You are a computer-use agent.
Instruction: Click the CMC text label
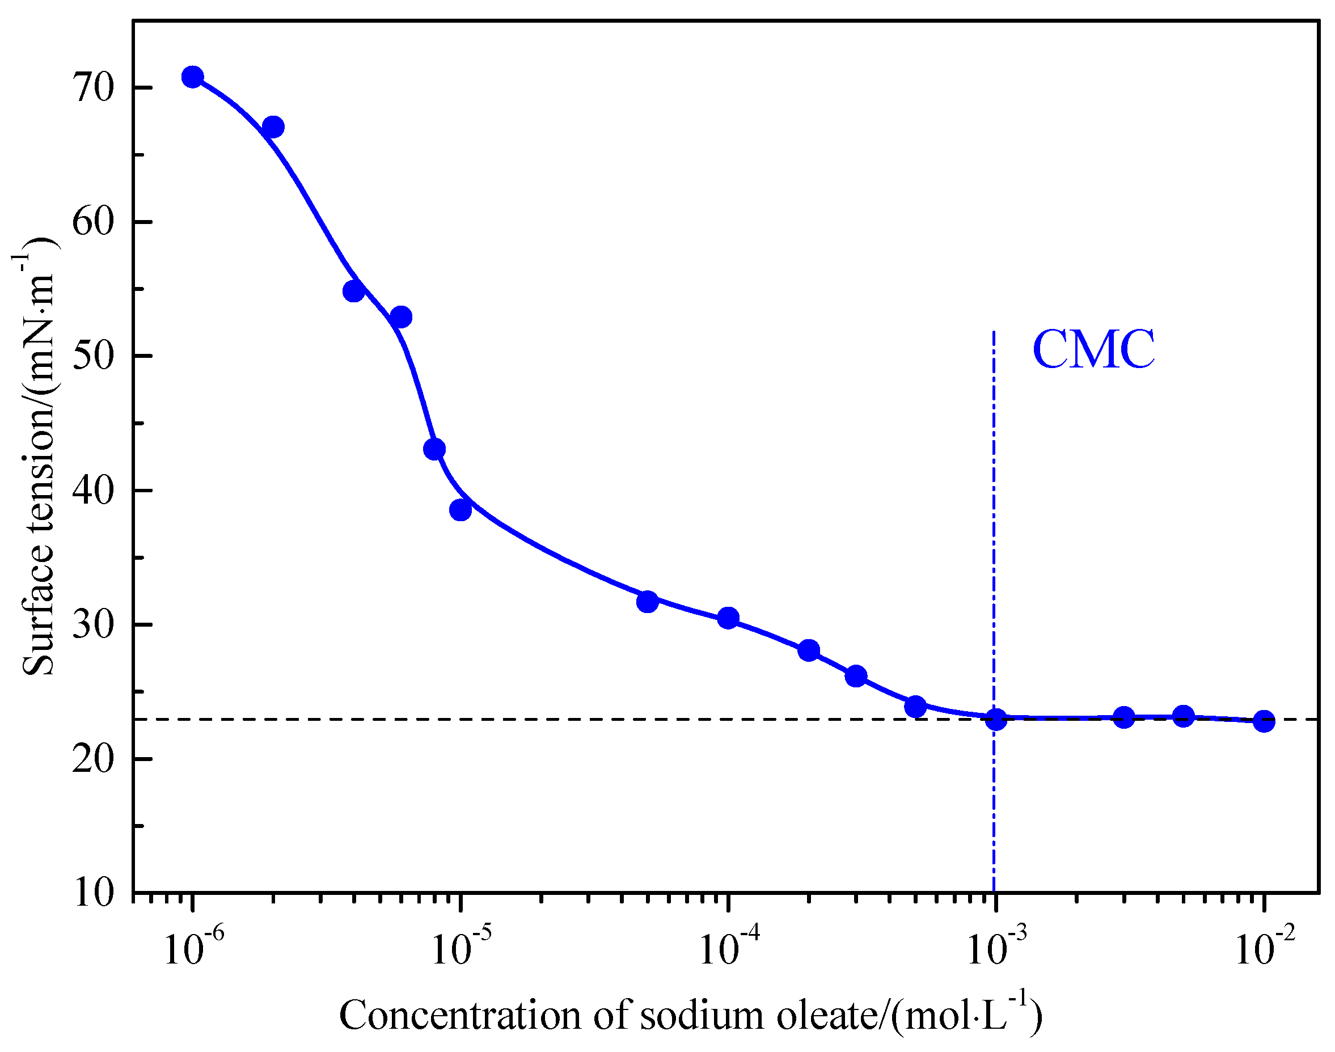point(1093,350)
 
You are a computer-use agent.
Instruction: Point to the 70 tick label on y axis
point(94,88)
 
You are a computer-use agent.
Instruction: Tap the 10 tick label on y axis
point(94,893)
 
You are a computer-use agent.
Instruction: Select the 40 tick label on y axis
point(94,491)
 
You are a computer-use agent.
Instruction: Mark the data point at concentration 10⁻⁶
point(193,77)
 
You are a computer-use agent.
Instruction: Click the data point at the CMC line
point(996,719)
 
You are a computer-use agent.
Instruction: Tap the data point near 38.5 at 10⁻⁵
point(461,510)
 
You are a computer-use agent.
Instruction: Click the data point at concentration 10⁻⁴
point(728,618)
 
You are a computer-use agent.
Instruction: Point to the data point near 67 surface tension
point(273,128)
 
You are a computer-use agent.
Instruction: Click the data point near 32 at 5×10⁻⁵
point(647,602)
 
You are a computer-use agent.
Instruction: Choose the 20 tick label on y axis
point(94,759)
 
